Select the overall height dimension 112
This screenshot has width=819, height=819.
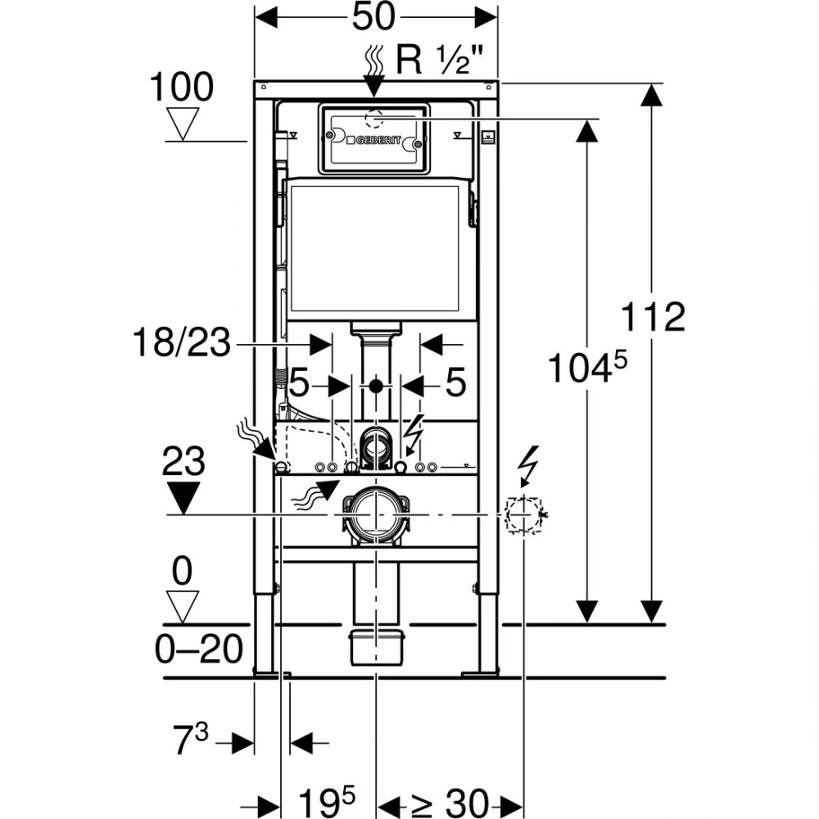[652, 317]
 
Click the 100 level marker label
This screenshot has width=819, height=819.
[181, 88]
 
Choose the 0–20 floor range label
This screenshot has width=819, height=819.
[199, 650]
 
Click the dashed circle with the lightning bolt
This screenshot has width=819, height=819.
[523, 514]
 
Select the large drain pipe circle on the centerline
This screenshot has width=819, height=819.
[376, 514]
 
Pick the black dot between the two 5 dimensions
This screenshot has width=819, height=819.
[376, 384]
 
